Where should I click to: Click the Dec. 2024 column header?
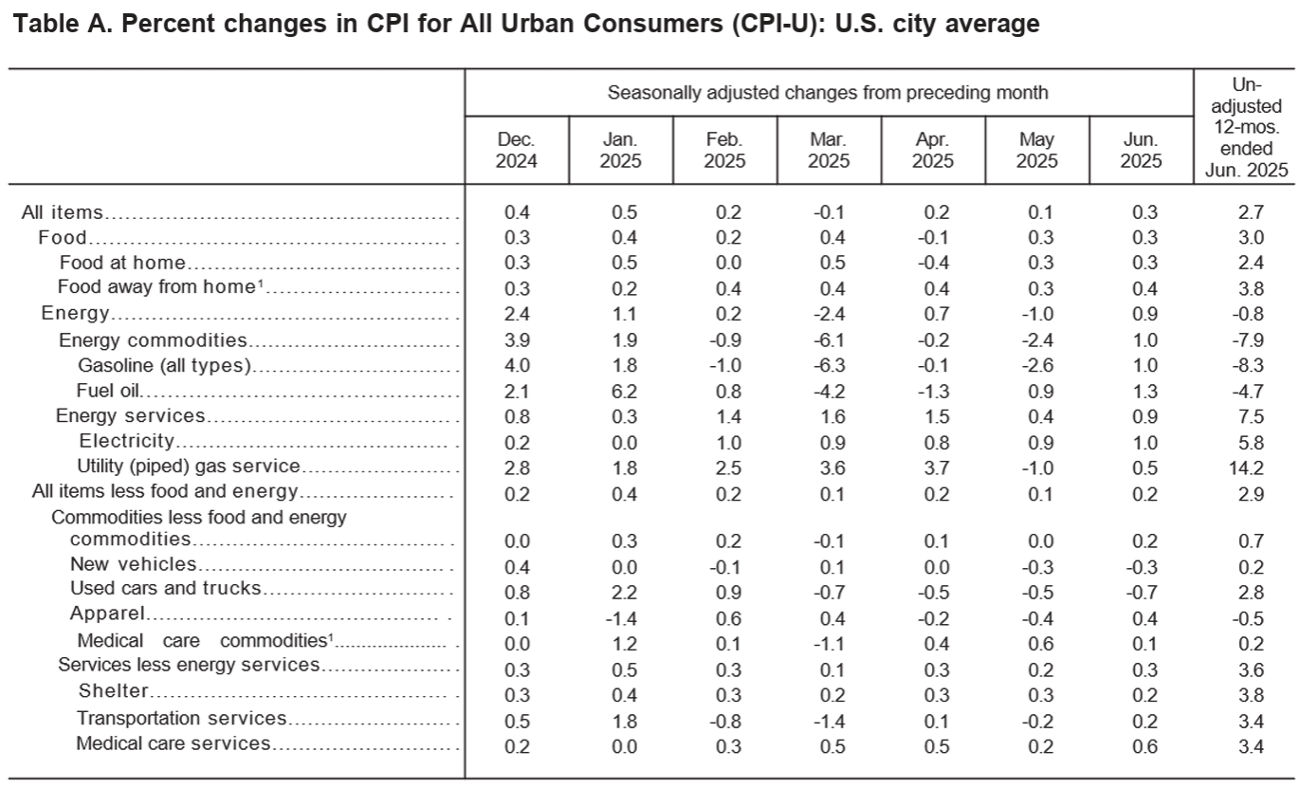[516, 150]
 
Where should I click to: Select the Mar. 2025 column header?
[828, 150]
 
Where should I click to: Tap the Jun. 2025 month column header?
[1141, 150]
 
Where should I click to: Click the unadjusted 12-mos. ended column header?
[1246, 128]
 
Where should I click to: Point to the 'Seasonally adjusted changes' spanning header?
[828, 93]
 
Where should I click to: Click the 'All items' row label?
[62, 212]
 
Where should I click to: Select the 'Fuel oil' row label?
[108, 391]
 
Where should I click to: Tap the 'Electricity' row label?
[126, 441]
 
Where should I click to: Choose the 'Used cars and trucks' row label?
[165, 588]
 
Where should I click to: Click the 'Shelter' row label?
[114, 690]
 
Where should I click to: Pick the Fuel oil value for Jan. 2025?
[624, 392]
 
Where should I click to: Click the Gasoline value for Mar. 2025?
[829, 366]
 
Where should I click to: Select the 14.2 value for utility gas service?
[1246, 467]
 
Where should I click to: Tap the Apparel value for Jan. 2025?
[620, 618]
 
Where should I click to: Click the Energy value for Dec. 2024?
[517, 314]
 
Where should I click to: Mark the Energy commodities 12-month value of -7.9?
[1248, 340]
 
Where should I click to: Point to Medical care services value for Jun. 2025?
[1144, 746]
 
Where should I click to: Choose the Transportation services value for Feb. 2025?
[725, 722]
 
